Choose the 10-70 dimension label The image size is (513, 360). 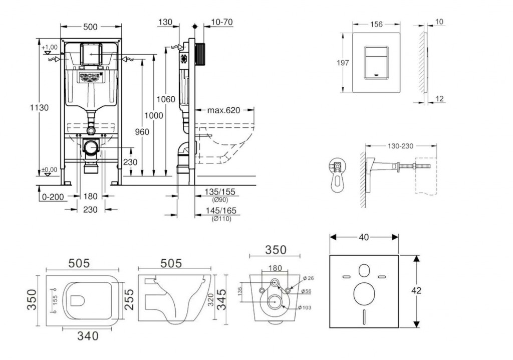click(222, 22)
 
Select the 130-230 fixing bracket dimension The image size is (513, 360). click(400, 146)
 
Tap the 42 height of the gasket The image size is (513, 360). click(416, 290)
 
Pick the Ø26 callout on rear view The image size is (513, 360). click(308, 278)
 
